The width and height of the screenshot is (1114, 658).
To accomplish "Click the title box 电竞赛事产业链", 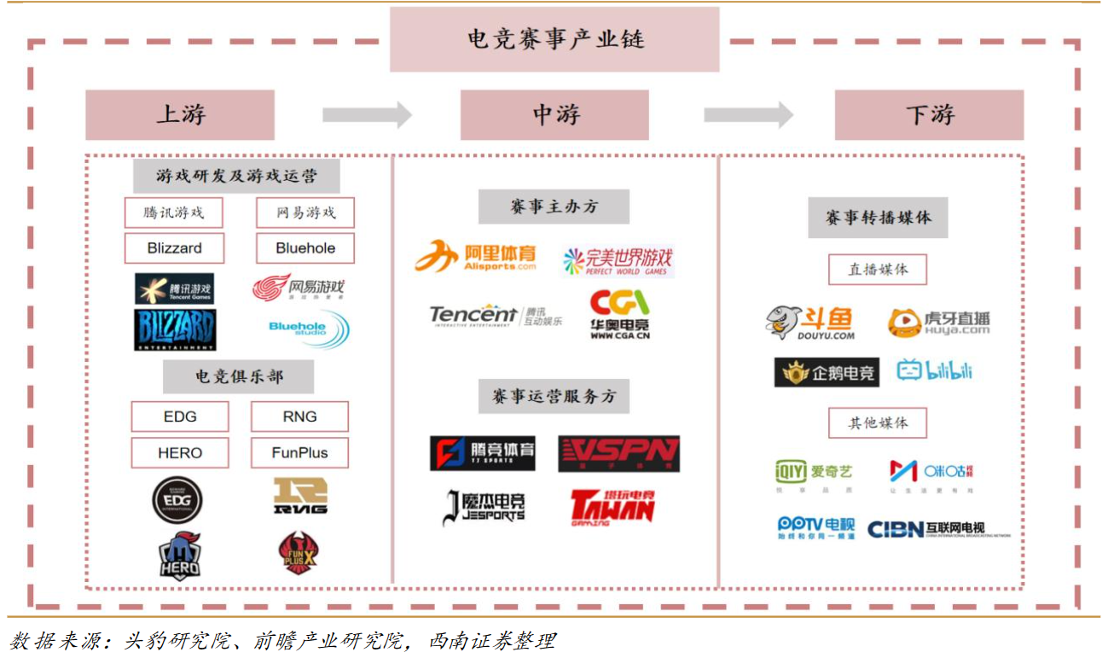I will pos(554,39).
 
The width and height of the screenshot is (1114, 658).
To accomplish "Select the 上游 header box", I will pos(180,115).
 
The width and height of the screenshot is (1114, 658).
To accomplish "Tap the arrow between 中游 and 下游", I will pos(748,114).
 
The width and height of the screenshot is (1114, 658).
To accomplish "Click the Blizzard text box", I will pos(174,248).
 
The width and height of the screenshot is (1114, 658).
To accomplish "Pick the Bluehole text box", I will pos(305,248).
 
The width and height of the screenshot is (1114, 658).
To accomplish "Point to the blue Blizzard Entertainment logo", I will pos(175,329).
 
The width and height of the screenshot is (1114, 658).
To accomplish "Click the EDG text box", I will pos(180,416).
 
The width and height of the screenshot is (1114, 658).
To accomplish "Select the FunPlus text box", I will pos(299,452).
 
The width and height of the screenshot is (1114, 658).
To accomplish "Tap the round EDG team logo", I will pos(177,500).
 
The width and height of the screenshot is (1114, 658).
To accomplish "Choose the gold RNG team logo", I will pos(300,496).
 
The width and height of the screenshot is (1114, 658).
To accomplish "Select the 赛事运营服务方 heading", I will pos(554,396).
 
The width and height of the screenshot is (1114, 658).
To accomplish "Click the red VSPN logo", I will pos(619,454).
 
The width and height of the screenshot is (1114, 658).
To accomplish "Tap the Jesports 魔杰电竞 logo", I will pos(484,507).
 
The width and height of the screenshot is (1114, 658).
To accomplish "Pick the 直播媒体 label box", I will pos(878,269).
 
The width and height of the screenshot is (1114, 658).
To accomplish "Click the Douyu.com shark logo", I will pos(809,323).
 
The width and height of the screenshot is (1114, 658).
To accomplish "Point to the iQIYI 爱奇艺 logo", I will pos(813,472).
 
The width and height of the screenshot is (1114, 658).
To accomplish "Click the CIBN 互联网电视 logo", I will pos(938,529).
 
